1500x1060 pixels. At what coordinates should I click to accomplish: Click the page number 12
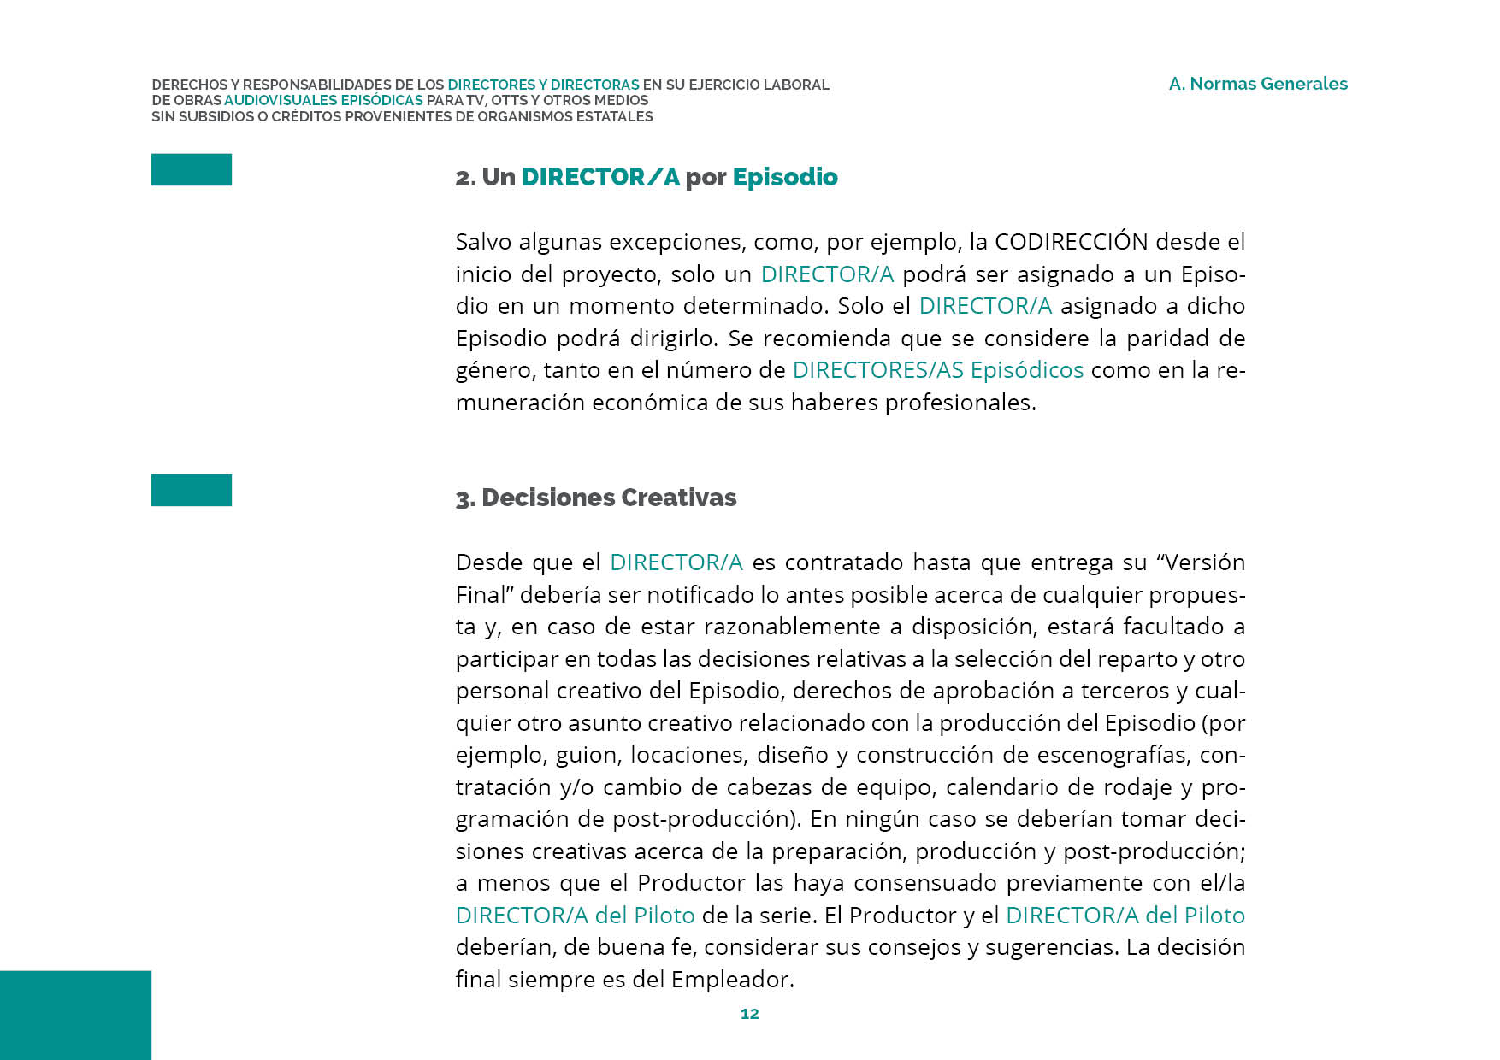pyautogui.click(x=749, y=1014)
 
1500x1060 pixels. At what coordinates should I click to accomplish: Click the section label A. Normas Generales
pyautogui.click(x=1258, y=84)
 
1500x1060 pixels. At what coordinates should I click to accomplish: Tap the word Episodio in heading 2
pyautogui.click(x=784, y=177)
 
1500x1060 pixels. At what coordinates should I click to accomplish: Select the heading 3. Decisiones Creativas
pyautogui.click(x=596, y=498)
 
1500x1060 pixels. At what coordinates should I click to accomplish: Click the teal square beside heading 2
pyautogui.click(x=192, y=169)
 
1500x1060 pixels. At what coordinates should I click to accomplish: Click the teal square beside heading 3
pyautogui.click(x=192, y=490)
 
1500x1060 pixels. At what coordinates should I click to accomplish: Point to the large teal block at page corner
pyautogui.click(x=75, y=1015)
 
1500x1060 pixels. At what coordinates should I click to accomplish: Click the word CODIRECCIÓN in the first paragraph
pyautogui.click(x=1071, y=242)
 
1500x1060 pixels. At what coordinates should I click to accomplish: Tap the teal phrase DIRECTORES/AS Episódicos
pyautogui.click(x=937, y=370)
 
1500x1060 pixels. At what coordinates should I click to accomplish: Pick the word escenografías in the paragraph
pyautogui.click(x=1113, y=755)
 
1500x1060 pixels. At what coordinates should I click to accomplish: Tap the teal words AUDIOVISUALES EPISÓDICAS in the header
pyautogui.click(x=323, y=100)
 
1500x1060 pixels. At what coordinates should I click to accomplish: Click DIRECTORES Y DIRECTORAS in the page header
pyautogui.click(x=543, y=85)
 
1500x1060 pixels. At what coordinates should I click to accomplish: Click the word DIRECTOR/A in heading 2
pyautogui.click(x=600, y=177)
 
